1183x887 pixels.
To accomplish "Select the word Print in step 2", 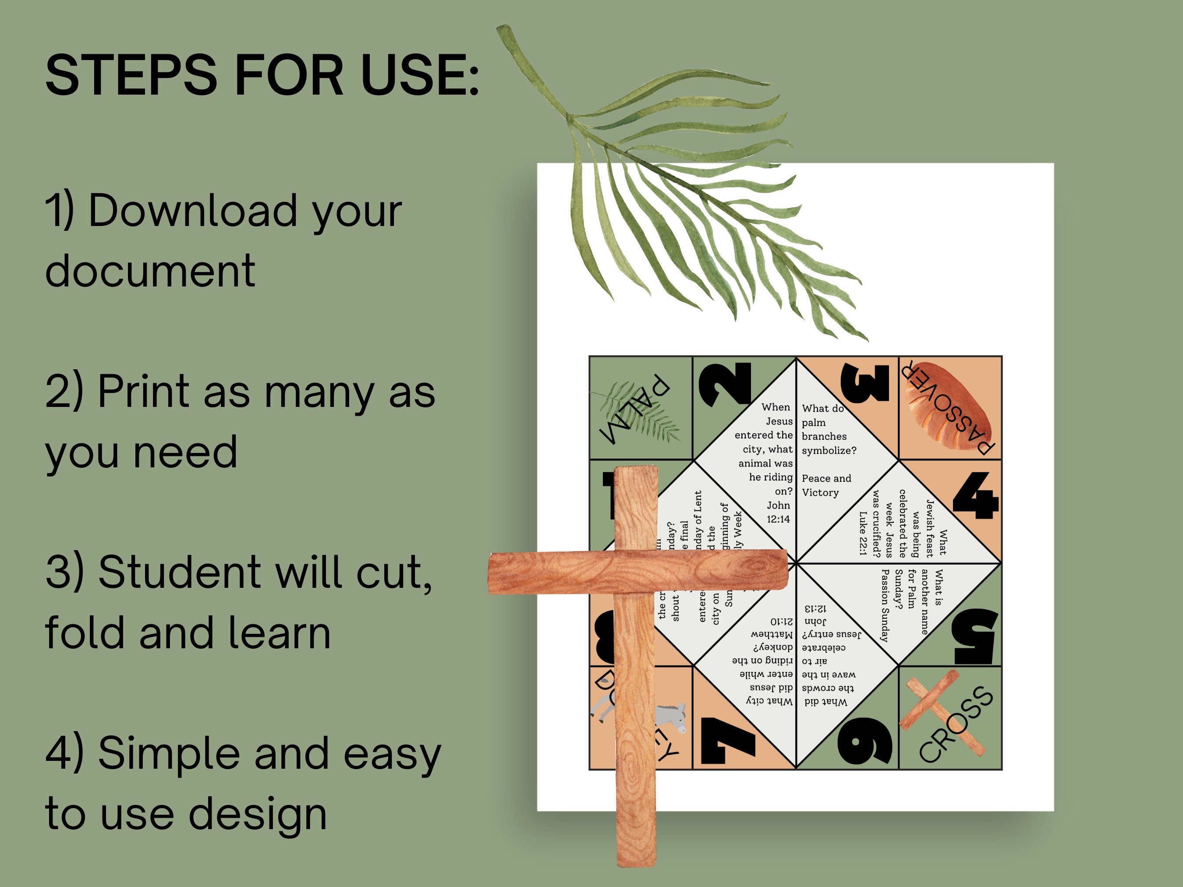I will (144, 392).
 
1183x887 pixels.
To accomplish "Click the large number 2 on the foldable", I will (726, 385).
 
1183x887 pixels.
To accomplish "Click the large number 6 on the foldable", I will (865, 741).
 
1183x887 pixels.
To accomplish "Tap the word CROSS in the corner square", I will (956, 725).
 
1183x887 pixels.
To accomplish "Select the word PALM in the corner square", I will (634, 410).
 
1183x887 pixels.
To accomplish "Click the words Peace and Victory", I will (826, 485).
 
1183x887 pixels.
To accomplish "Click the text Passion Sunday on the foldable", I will (885, 605).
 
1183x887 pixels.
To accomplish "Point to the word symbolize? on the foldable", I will (829, 451).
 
